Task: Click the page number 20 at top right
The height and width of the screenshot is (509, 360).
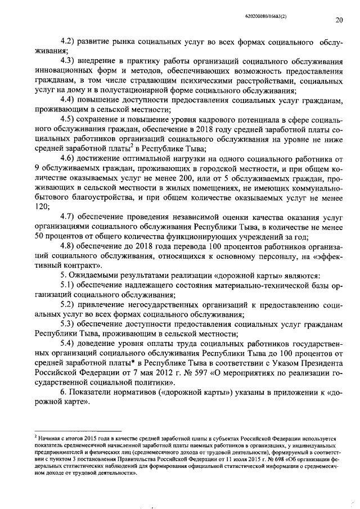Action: (339, 21)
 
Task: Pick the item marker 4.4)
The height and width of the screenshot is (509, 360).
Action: (69, 100)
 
